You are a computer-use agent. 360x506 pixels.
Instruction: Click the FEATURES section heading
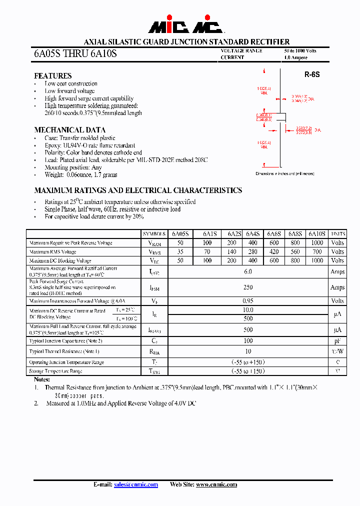pyautogui.click(x=52, y=75)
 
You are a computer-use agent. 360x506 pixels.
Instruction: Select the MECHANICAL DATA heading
pyautogui.click(x=65, y=129)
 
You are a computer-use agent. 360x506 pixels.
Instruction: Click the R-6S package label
pyautogui.click(x=312, y=74)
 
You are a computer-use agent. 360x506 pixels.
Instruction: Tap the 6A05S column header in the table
pyautogui.click(x=180, y=234)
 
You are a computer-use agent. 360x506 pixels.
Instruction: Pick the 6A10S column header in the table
pyautogui.click(x=316, y=234)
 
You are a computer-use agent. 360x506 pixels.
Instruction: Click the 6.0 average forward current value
pyautogui.click(x=248, y=271)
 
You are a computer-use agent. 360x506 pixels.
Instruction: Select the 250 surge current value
pyautogui.click(x=248, y=287)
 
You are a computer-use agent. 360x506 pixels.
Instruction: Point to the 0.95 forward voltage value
pyautogui.click(x=248, y=301)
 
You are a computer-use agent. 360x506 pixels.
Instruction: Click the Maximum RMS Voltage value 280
pyautogui.click(x=253, y=252)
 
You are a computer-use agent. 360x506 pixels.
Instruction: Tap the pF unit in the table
pyautogui.click(x=337, y=340)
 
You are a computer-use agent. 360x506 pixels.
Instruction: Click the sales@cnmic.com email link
pyautogui.click(x=136, y=484)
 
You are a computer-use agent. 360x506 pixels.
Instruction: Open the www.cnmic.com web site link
pyautogui.click(x=216, y=484)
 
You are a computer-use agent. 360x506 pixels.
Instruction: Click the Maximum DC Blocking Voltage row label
pyautogui.click(x=60, y=260)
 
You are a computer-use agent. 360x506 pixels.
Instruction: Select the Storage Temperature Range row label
pyautogui.click(x=55, y=371)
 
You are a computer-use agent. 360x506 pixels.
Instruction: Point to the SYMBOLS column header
pyautogui.click(x=154, y=234)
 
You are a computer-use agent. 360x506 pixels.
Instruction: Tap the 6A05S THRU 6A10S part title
pyautogui.click(x=75, y=53)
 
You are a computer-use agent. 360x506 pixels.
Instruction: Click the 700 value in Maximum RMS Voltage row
pyautogui.click(x=316, y=252)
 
